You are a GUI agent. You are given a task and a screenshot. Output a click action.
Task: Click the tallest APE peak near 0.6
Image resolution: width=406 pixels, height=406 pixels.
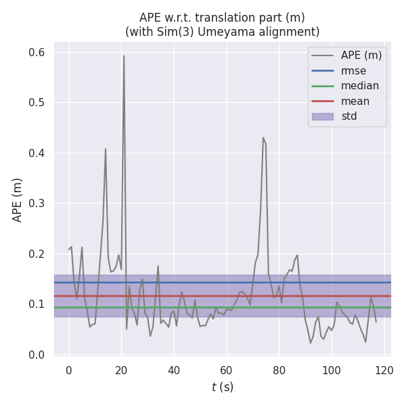tap(124, 56)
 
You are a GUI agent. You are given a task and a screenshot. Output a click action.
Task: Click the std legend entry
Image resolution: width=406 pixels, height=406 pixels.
tap(349, 116)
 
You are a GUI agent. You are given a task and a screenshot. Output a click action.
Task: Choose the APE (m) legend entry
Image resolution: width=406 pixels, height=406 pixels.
tap(361, 55)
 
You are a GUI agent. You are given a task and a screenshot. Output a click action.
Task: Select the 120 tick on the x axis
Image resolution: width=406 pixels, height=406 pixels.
tap(384, 370)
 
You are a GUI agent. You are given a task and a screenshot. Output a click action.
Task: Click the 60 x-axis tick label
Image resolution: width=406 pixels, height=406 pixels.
tap(227, 370)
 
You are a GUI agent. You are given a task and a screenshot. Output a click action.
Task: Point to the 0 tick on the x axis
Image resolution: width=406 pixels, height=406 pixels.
tap(69, 370)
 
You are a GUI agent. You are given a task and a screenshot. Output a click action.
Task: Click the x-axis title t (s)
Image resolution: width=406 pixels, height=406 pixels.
tap(223, 387)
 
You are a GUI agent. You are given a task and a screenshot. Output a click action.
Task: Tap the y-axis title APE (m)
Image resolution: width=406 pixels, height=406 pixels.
tap(18, 200)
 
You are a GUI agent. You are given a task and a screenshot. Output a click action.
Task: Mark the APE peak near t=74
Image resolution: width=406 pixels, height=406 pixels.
tap(263, 137)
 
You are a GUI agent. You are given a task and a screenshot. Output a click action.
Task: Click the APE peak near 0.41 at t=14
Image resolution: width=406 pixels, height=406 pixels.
tap(106, 149)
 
